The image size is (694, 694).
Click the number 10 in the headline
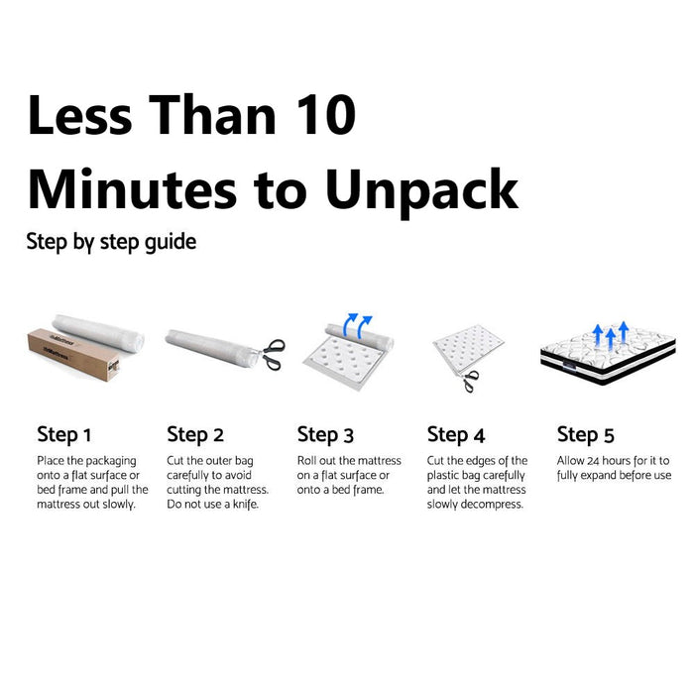point(326,115)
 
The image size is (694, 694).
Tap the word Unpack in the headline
point(421,191)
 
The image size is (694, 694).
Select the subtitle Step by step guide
point(111,242)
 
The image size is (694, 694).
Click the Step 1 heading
point(64,434)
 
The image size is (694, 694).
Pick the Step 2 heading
point(195,434)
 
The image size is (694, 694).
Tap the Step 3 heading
point(325,434)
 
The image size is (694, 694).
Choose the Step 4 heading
point(456,434)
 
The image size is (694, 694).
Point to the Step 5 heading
point(586,434)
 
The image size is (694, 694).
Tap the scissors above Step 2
point(273,354)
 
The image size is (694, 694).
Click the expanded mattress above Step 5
point(608,355)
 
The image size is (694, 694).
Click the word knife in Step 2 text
point(246,505)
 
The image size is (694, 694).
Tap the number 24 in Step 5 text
point(593,461)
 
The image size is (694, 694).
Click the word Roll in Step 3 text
point(306,461)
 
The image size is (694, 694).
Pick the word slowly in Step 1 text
point(119,505)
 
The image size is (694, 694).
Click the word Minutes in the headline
point(132,189)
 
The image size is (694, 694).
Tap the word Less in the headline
point(80,115)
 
